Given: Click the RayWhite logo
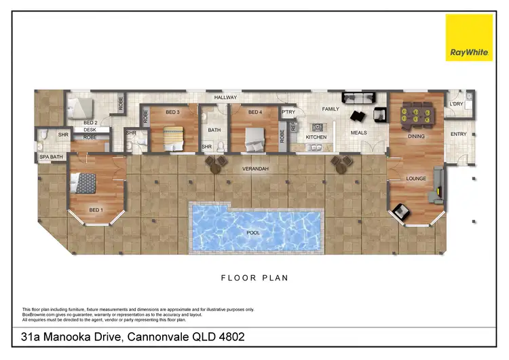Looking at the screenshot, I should click(x=469, y=37).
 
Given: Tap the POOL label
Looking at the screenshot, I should click(x=253, y=232).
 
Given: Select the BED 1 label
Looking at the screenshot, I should click(x=96, y=210).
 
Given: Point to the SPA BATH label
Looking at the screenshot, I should click(x=50, y=158).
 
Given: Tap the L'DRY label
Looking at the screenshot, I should click(x=457, y=104).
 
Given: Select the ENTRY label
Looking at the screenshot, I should click(x=459, y=134).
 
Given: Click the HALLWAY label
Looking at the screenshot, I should click(x=226, y=98).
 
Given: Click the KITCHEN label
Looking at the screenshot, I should click(x=316, y=137).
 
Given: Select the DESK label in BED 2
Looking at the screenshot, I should click(x=90, y=129).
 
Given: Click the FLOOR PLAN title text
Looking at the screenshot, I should click(x=254, y=277).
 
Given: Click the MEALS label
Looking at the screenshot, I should click(x=358, y=133).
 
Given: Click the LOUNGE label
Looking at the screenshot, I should click(x=415, y=179).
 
